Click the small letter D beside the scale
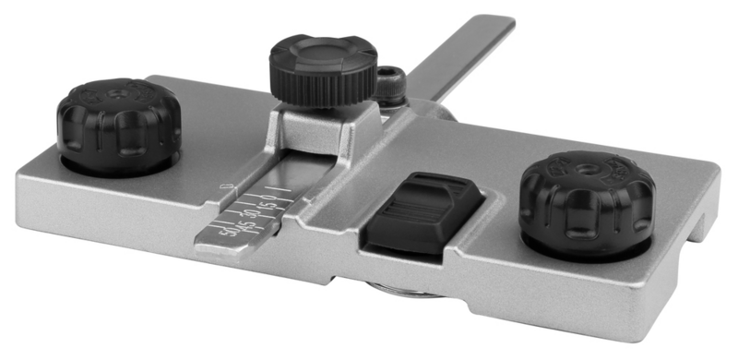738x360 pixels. pyautogui.click(x=221, y=188)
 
